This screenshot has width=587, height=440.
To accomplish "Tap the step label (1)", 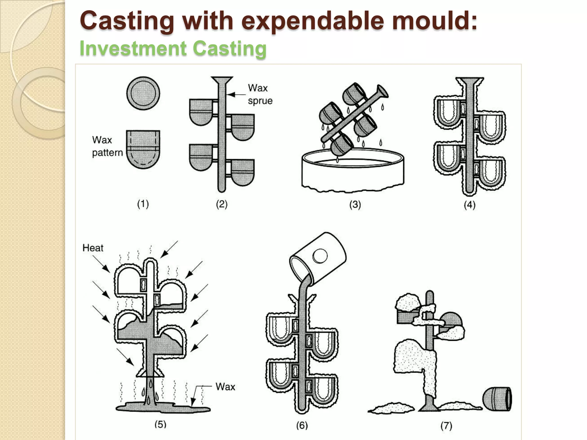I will tap(143, 204).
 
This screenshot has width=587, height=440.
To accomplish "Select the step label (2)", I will tap(222, 204).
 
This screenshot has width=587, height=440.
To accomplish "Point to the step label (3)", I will tap(355, 205).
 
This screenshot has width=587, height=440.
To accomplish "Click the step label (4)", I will tap(469, 205).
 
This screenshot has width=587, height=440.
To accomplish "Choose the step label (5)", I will tap(160, 424).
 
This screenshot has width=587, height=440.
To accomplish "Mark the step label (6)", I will tap(302, 425).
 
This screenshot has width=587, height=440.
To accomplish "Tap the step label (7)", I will tap(446, 426).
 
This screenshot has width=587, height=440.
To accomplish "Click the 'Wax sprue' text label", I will tap(260, 94).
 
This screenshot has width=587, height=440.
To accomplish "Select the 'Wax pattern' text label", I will tap(107, 146).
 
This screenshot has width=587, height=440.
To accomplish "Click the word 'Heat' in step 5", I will tap(93, 248).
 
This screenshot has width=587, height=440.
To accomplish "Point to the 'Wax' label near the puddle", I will tap(225, 387).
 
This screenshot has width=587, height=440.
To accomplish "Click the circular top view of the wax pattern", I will tap(143, 93).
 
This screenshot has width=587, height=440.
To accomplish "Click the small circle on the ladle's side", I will tap(320, 256).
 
